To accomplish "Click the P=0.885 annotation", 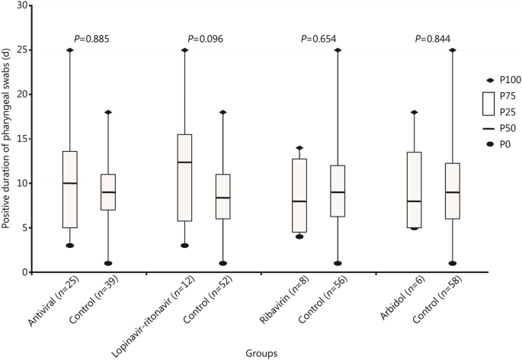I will (91, 38).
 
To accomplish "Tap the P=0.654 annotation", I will (319, 38).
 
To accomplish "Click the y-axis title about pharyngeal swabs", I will (8, 145).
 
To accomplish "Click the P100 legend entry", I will (507, 80).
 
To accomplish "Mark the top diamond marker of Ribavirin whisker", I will (299, 148).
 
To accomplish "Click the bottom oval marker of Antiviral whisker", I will (69, 246).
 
